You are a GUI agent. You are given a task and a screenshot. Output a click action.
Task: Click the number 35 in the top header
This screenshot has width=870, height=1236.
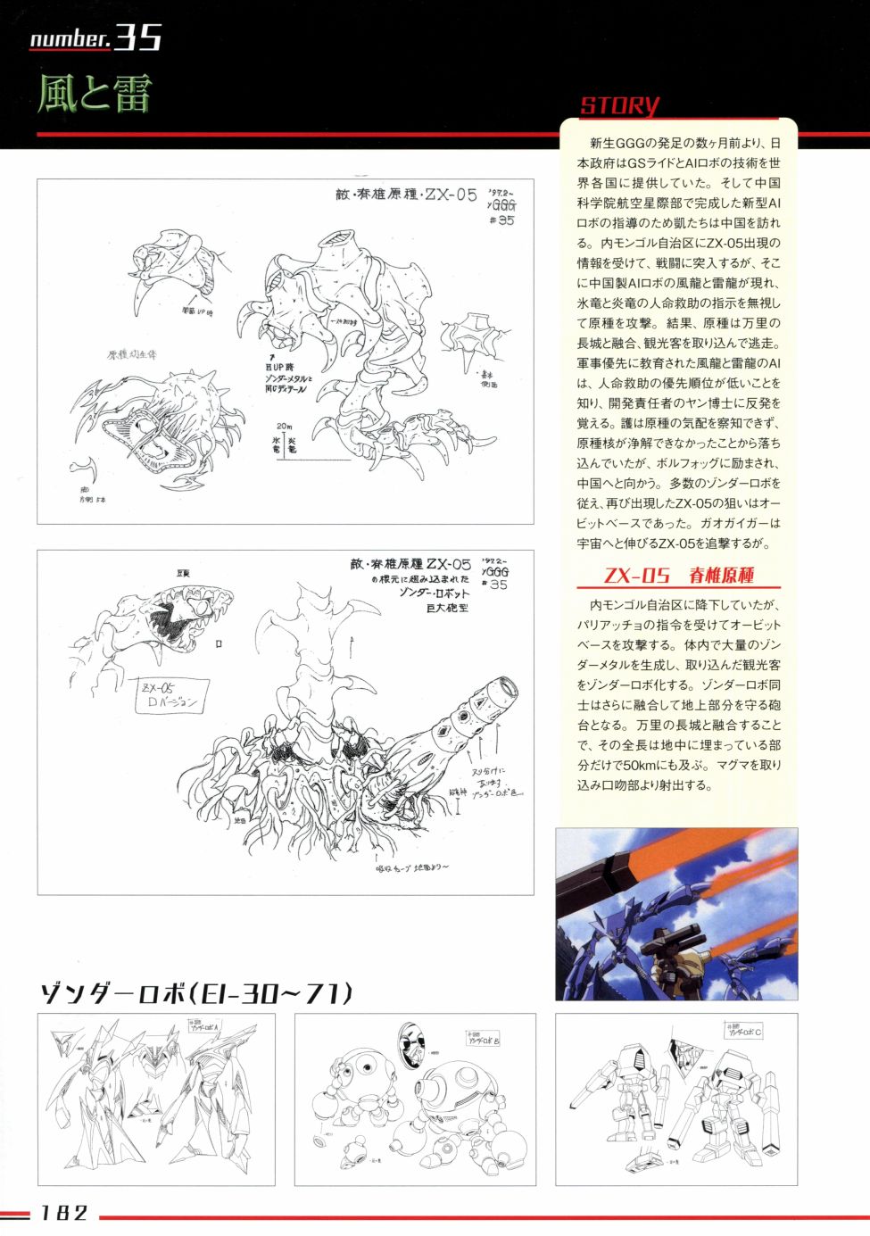coord(138,37)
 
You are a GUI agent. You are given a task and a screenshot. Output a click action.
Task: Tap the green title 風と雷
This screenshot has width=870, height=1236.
coord(94,93)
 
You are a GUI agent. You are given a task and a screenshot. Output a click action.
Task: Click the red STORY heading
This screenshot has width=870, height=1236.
coord(619,105)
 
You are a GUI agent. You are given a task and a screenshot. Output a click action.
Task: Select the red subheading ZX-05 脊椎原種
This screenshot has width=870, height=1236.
coord(678,576)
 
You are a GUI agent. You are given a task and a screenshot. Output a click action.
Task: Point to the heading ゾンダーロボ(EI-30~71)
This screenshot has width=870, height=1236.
coord(195,992)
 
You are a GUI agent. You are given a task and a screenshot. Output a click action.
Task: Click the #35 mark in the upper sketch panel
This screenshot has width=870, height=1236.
coord(501,220)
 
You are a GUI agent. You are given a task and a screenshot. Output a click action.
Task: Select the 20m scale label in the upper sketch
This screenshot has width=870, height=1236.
coord(284,427)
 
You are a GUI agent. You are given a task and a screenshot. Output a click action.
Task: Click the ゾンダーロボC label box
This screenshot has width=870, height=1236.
coord(743,1032)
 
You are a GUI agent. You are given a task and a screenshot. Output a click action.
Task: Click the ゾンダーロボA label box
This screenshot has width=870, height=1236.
coord(203,1027)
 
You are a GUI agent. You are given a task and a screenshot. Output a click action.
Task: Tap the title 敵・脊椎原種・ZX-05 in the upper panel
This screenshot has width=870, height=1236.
coord(406,195)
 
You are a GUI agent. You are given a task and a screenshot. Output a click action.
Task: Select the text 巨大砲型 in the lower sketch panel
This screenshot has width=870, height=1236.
coord(447,608)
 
